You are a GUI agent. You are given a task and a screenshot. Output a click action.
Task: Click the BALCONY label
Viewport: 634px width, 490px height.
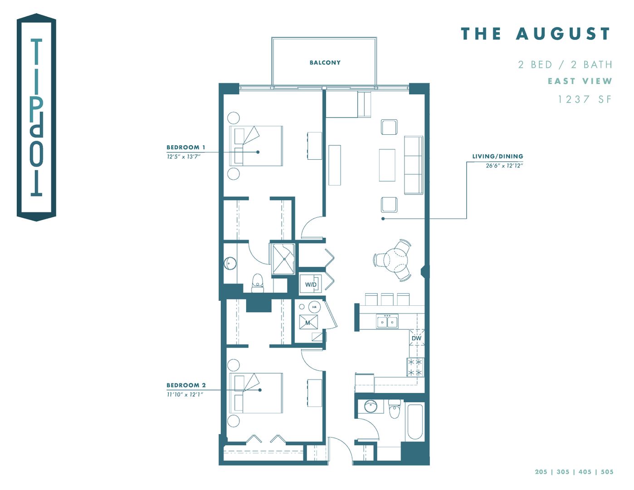325,63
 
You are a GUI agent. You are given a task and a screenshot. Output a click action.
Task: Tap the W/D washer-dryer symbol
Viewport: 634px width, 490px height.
311,284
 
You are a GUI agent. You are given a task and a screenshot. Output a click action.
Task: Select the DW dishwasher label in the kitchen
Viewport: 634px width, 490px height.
416,338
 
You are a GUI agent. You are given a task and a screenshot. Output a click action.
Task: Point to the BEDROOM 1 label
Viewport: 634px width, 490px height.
185,147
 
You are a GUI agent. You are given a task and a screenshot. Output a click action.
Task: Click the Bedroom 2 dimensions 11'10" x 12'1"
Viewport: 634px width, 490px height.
185,394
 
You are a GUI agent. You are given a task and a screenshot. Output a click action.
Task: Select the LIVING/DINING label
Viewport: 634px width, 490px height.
497,157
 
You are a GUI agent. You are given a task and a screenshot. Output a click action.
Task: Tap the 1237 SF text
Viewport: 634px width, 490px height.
585,99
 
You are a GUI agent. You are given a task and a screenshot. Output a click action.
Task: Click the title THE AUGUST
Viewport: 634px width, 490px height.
536,34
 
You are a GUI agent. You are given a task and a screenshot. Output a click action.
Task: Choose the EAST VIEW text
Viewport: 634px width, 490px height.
580,81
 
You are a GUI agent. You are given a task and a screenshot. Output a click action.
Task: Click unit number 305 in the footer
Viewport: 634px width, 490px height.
563,472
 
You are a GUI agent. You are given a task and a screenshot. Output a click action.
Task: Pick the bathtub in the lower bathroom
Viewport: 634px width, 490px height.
415,422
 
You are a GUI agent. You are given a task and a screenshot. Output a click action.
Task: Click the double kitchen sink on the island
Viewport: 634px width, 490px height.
387,322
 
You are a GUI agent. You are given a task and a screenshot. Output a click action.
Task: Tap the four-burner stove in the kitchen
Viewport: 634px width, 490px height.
415,367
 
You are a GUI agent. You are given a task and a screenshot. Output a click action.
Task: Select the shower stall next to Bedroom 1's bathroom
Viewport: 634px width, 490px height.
283,259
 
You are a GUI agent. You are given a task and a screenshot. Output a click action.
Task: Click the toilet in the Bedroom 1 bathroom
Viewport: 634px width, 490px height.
258,283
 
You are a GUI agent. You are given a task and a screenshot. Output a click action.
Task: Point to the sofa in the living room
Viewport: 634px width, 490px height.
413,165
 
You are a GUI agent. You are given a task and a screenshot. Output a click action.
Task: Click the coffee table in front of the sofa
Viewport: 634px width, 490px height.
387,165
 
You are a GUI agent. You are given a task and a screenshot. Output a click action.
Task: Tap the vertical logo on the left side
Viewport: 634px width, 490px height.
36,117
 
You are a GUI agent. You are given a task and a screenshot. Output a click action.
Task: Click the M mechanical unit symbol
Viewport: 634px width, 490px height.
308,323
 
